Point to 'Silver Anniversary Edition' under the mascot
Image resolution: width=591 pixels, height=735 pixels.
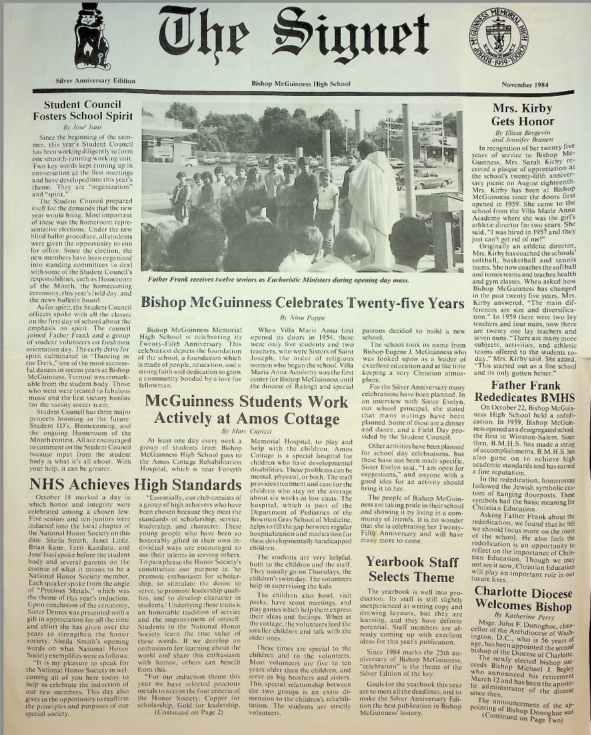point(95,81)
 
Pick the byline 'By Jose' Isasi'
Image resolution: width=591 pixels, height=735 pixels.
point(81,126)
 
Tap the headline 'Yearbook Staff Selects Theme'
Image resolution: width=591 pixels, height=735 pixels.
point(413,569)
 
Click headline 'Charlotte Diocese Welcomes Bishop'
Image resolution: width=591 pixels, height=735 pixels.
point(522,599)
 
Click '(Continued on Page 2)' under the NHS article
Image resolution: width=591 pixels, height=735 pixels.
point(188,712)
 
